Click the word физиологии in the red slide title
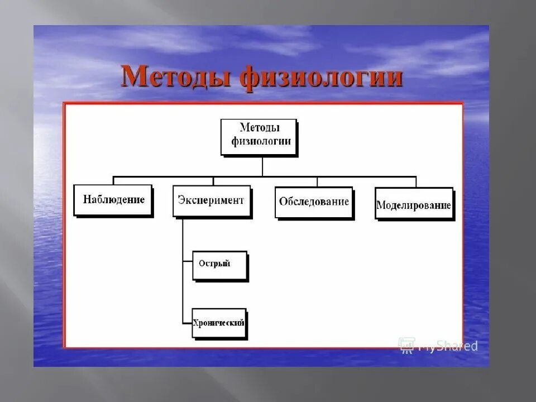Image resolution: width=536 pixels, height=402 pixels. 322,78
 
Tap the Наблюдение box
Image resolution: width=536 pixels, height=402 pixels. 113,200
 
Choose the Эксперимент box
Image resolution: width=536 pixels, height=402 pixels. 211,200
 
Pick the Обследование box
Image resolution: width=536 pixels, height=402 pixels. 315,202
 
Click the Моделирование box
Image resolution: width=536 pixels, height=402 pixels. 413,204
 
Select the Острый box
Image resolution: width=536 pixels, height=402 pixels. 219,265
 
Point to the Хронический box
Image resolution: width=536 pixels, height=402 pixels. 219,323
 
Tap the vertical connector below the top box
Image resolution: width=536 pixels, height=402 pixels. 262,166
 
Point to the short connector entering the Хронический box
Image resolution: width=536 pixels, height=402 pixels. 187,323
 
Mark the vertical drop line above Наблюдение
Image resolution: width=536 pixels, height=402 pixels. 114,180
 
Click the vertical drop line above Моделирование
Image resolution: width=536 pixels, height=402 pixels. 415,182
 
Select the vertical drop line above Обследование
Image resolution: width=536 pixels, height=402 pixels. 317,181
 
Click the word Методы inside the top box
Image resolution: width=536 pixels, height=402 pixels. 259,128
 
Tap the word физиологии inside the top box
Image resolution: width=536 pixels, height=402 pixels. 259,142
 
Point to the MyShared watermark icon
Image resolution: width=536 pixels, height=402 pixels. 406,344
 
